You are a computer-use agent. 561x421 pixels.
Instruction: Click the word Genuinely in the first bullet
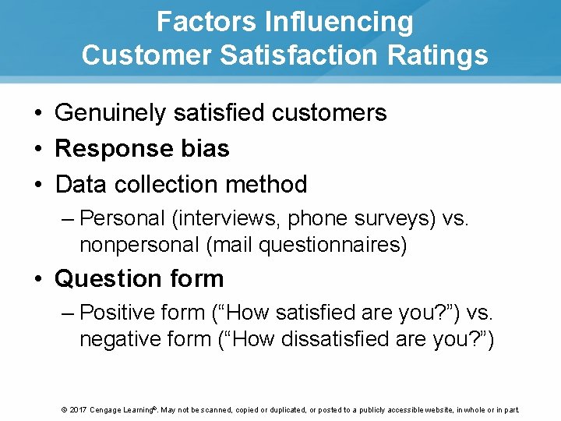[x=111, y=113]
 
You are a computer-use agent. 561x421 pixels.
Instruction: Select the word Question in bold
[x=106, y=278]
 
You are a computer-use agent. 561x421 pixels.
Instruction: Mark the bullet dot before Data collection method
[x=38, y=185]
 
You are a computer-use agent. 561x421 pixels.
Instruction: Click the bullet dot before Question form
[x=38, y=279]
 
